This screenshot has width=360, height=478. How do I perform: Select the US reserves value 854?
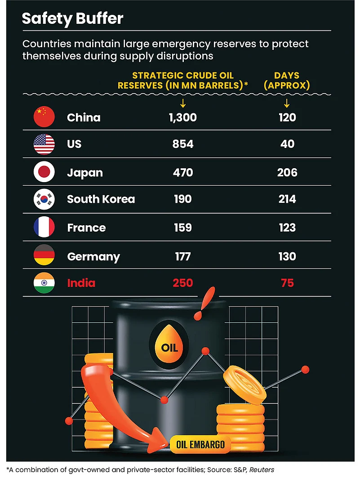[183, 144]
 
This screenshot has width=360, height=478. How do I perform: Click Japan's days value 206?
[287, 172]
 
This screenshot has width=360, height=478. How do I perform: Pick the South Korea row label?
[101, 199]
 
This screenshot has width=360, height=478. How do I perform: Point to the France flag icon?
[44, 227]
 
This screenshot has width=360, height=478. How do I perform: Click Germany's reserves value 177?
[182, 256]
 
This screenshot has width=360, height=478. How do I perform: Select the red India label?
[81, 283]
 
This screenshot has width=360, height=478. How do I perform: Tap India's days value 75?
[287, 283]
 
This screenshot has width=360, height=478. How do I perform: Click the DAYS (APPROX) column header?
[287, 80]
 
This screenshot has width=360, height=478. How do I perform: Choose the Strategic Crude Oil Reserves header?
[183, 80]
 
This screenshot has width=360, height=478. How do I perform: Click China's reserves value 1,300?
[183, 117]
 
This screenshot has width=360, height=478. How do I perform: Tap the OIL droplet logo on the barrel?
[169, 343]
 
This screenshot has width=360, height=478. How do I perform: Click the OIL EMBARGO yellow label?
[200, 445]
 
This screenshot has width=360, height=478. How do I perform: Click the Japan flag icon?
[44, 172]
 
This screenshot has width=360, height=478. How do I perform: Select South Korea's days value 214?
[287, 199]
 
